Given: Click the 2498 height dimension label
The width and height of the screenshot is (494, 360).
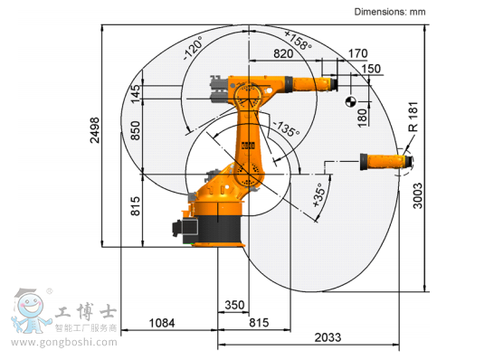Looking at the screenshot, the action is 95,130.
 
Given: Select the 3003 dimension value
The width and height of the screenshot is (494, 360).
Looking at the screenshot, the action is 417,195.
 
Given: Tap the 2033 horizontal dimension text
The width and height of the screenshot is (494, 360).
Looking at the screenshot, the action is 328,337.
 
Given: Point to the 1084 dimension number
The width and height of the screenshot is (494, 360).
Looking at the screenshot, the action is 162,323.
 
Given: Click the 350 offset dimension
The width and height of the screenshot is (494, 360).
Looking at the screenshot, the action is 234,305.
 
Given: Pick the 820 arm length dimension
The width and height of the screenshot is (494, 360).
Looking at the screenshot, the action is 283,54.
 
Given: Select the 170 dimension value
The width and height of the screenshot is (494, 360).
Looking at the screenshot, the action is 358,53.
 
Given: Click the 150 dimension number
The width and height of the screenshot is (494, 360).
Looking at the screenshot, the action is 371,69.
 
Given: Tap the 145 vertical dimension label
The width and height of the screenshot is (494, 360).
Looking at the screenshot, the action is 135,93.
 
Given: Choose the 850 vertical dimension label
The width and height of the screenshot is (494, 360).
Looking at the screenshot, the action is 135,130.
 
